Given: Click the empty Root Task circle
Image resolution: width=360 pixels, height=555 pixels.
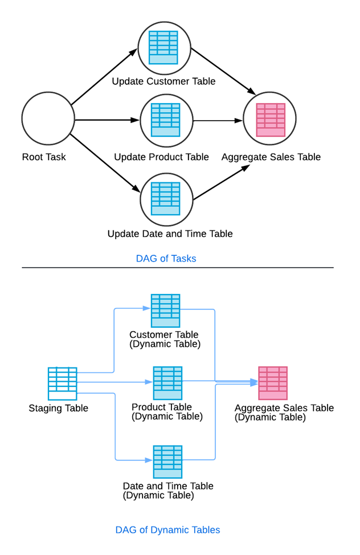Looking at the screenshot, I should [x=48, y=119].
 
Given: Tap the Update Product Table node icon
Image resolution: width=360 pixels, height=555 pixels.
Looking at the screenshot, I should [x=165, y=120].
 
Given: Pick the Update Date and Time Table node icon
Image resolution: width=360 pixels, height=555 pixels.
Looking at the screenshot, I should [x=165, y=199].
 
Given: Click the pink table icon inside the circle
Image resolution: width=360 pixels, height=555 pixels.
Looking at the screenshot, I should [x=270, y=120].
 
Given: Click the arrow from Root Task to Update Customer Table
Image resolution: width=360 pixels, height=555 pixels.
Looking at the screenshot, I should [x=104, y=77].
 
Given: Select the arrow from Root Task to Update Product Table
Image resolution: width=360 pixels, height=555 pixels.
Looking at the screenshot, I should [x=107, y=120].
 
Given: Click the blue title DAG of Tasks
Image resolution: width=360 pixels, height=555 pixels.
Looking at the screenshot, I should [x=166, y=259].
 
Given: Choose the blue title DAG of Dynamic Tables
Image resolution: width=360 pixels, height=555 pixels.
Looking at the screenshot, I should [x=167, y=530].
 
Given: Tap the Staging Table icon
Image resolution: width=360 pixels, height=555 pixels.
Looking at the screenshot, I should [x=62, y=383].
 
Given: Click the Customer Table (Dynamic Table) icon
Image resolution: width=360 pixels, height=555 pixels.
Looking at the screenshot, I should [x=165, y=311].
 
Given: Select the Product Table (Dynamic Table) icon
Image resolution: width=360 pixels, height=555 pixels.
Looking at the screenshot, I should [x=167, y=383].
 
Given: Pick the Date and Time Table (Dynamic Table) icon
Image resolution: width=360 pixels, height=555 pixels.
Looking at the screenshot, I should [x=167, y=462].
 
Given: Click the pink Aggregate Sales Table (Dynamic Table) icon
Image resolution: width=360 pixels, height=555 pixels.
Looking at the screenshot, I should [x=273, y=383].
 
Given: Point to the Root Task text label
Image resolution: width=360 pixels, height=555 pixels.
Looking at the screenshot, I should [x=44, y=157].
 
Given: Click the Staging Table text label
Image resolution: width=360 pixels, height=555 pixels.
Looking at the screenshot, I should [x=58, y=408].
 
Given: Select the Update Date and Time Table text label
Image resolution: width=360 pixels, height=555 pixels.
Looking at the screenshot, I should [x=170, y=234].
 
